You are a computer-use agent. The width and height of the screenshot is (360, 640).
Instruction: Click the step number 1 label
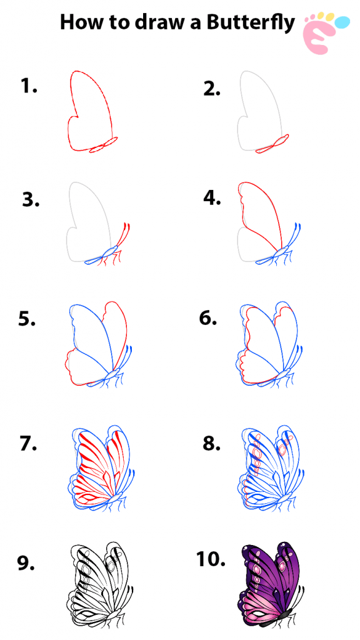coord(29,86)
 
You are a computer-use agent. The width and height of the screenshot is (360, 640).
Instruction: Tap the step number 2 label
coord(212,89)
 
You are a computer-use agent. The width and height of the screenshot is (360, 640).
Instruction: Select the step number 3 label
coord(31,199)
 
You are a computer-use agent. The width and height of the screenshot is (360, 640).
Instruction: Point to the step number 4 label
coord(212,197)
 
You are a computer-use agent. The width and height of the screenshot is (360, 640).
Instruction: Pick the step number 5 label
coord(27,319)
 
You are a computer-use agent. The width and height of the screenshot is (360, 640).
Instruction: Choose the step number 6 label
coord(207,318)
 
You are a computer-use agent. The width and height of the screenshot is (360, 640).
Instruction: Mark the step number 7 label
coord(28,444)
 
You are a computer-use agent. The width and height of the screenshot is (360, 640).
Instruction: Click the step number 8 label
coord(211,444)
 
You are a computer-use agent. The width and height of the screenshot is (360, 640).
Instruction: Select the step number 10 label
coord(211,559)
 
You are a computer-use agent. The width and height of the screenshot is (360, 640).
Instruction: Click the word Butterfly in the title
coord(250,22)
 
